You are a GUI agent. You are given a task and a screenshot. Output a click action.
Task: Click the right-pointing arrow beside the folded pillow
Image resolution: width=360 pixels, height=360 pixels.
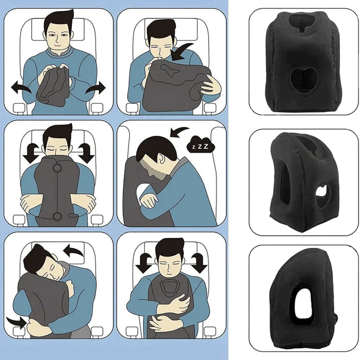95,88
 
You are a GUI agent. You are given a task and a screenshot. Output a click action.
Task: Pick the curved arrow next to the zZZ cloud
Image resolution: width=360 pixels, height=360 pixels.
177,134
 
